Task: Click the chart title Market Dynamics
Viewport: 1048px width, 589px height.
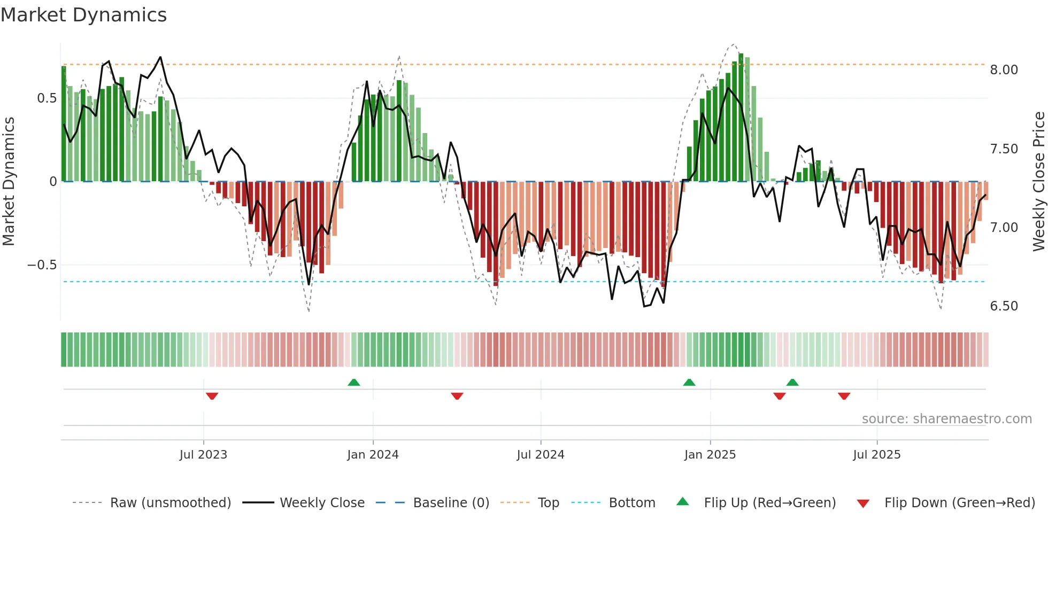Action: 83,15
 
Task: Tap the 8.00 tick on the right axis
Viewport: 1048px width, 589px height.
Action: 1004,70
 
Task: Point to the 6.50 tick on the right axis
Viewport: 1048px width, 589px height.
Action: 1004,306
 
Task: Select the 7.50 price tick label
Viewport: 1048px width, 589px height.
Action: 1004,149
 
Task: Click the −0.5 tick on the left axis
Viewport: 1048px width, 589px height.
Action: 42,265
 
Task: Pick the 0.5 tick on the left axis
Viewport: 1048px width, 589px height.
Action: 47,98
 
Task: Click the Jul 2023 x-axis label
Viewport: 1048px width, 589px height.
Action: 203,455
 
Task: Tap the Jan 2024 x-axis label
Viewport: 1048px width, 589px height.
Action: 373,455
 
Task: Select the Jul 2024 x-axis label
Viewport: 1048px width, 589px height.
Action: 540,455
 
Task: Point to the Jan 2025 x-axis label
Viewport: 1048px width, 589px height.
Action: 710,455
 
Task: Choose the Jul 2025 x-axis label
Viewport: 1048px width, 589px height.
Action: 876,455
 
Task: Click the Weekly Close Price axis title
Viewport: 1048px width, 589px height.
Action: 1038,181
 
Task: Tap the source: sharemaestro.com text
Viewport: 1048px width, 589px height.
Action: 946,419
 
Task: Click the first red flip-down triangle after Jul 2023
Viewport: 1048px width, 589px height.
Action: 212,396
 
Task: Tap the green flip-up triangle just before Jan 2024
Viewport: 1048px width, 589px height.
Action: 353,382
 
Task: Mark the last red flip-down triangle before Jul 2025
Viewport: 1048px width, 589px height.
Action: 844,396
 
